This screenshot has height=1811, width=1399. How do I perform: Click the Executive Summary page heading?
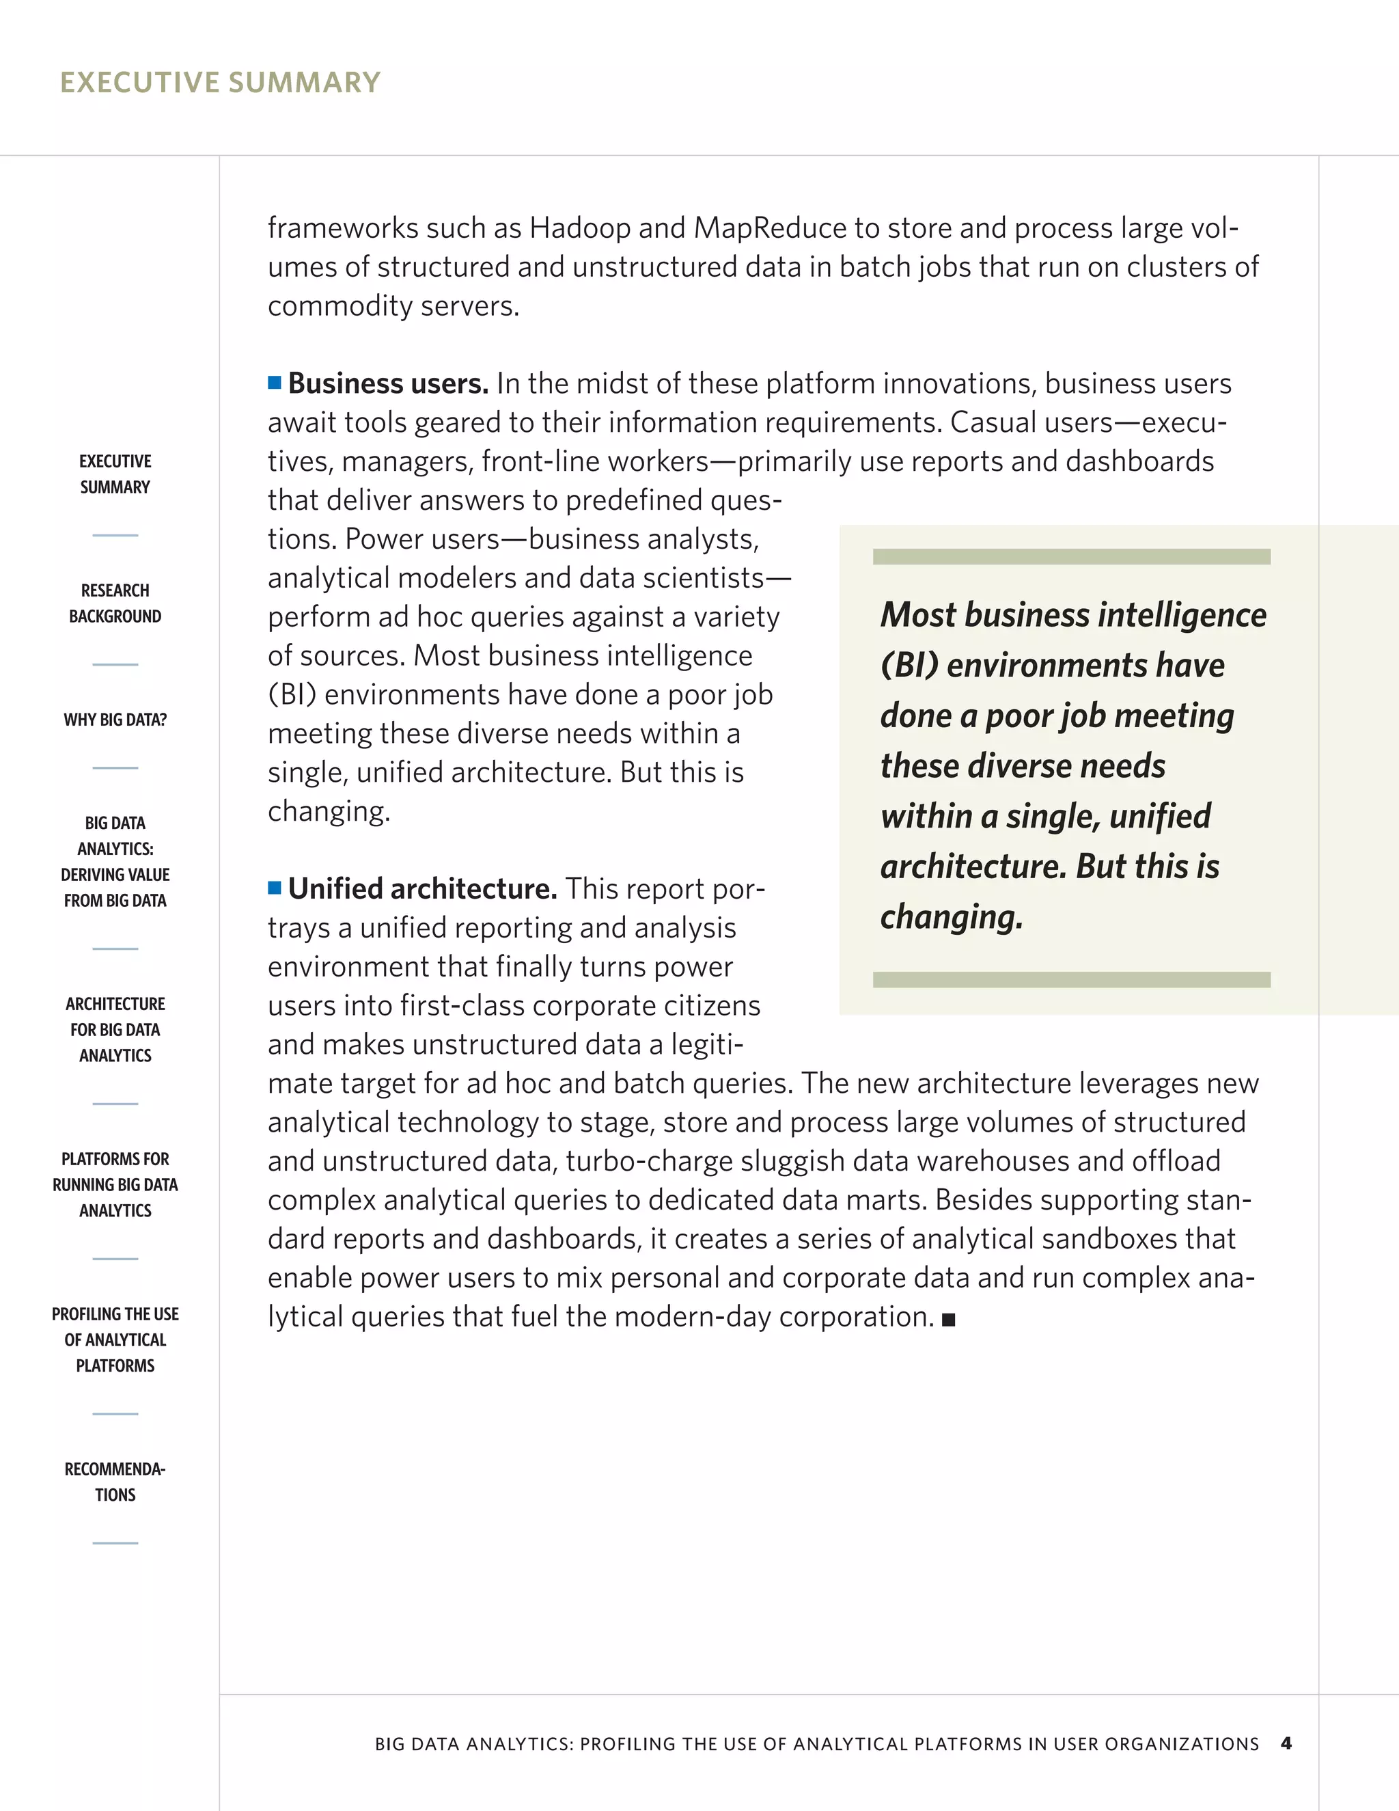(x=220, y=82)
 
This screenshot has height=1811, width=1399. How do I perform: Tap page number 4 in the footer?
(x=1286, y=1743)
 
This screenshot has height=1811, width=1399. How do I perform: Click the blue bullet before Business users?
(x=275, y=382)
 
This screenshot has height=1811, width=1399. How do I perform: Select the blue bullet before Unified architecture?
(x=275, y=888)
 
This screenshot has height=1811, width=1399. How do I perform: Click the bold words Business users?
(x=388, y=384)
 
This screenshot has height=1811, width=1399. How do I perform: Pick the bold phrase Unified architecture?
(x=422, y=889)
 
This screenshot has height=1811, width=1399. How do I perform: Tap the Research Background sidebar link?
(x=115, y=603)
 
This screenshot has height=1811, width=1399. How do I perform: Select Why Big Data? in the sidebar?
(x=115, y=720)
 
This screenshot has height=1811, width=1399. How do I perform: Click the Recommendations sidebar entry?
(x=115, y=1482)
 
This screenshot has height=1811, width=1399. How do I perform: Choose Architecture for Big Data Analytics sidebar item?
(x=115, y=1029)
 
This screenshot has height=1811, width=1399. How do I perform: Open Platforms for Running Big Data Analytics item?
(x=115, y=1184)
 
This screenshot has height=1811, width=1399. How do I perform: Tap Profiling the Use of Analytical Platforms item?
(x=115, y=1339)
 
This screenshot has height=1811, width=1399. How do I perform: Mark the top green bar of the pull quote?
(x=1071, y=556)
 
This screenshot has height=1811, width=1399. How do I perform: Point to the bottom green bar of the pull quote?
(x=1071, y=979)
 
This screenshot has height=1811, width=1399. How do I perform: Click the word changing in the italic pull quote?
(x=952, y=917)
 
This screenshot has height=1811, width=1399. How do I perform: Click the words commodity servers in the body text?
(x=393, y=306)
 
